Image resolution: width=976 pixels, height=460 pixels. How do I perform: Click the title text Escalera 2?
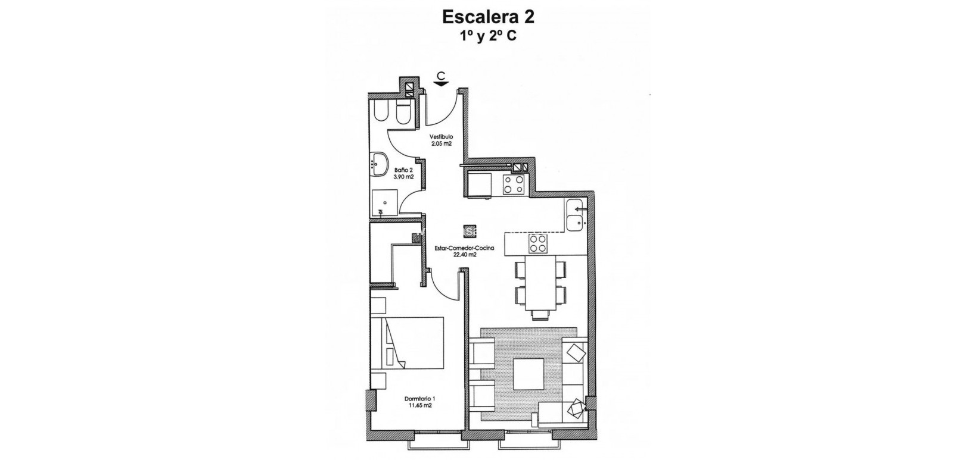487,17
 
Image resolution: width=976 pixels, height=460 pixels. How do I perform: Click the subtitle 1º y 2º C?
487,36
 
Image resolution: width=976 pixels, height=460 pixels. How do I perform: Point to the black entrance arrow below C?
441,85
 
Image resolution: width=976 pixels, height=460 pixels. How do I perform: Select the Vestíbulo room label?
441,136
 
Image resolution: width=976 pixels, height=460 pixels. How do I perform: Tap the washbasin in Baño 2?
377,163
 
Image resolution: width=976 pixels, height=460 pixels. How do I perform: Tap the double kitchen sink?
576,215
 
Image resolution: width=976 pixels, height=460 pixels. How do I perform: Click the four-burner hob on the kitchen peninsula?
538,243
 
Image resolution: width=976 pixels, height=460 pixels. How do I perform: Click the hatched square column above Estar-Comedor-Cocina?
469,229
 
